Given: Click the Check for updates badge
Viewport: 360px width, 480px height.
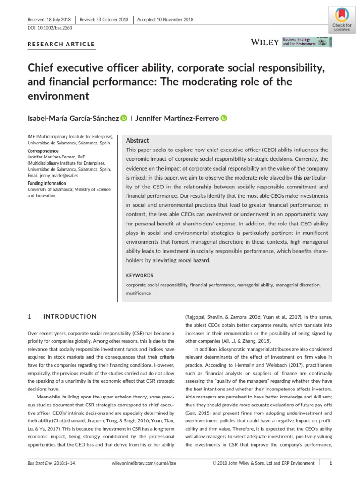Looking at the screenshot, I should pyautogui.click(x=341, y=19).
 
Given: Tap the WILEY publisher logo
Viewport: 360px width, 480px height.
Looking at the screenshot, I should pyautogui.click(x=265, y=42).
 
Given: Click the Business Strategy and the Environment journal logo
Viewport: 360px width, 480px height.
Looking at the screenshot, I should pyautogui.click(x=307, y=42).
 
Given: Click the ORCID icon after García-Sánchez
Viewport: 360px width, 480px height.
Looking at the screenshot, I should pyautogui.click(x=124, y=119).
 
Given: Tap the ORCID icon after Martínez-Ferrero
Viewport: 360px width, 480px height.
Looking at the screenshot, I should pyautogui.click(x=224, y=119).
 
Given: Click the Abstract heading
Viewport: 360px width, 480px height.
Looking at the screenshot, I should pyautogui.click(x=137, y=140).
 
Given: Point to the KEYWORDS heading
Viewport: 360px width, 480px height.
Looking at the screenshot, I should pyautogui.click(x=139, y=275).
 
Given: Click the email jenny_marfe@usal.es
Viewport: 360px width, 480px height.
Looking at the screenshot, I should pyautogui.click(x=53, y=175).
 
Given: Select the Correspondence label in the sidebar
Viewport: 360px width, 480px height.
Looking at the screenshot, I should pyautogui.click(x=43, y=151).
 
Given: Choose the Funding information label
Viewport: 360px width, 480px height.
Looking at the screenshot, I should pyautogui.click(x=47, y=183).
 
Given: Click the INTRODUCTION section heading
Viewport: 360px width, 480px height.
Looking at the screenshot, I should pyautogui.click(x=70, y=316).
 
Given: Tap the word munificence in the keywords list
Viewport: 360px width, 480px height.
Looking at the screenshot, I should pyautogui.click(x=139, y=292).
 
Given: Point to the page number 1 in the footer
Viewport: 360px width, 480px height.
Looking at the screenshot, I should pyautogui.click(x=331, y=463).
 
